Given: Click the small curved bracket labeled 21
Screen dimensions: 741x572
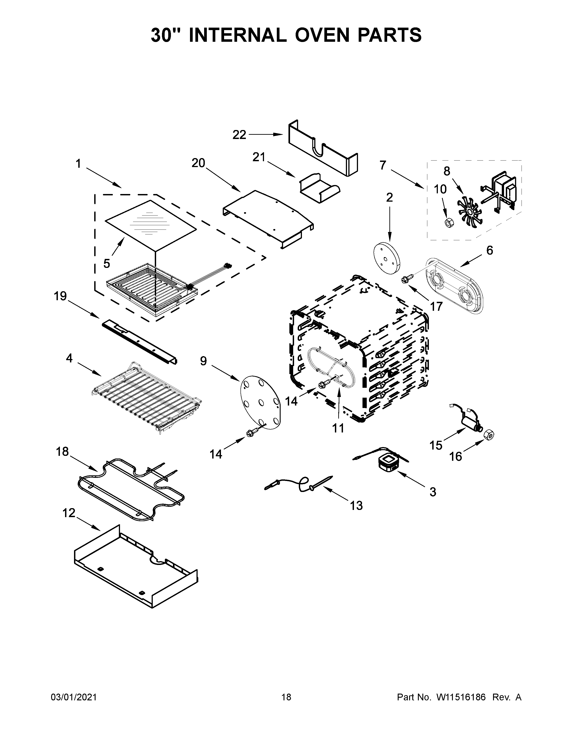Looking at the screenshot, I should (319, 189).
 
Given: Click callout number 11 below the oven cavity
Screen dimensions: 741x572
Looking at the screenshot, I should (338, 428).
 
